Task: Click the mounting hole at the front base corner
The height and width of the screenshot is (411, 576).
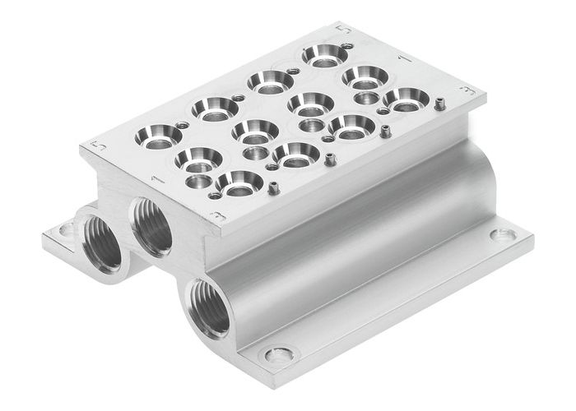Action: tap(279, 356)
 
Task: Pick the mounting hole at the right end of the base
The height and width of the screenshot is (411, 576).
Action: tap(502, 235)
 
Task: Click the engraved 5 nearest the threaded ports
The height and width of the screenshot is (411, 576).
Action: tap(99, 145)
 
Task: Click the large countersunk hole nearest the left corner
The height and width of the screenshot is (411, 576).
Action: tap(159, 135)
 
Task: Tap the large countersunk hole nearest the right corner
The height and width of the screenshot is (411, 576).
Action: tap(406, 99)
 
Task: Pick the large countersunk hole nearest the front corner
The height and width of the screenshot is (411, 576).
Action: tap(239, 182)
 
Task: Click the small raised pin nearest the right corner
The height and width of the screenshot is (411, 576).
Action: tap(439, 104)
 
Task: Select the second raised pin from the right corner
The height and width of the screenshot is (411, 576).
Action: tap(385, 130)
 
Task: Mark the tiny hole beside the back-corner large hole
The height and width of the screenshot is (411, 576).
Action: tap(348, 47)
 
